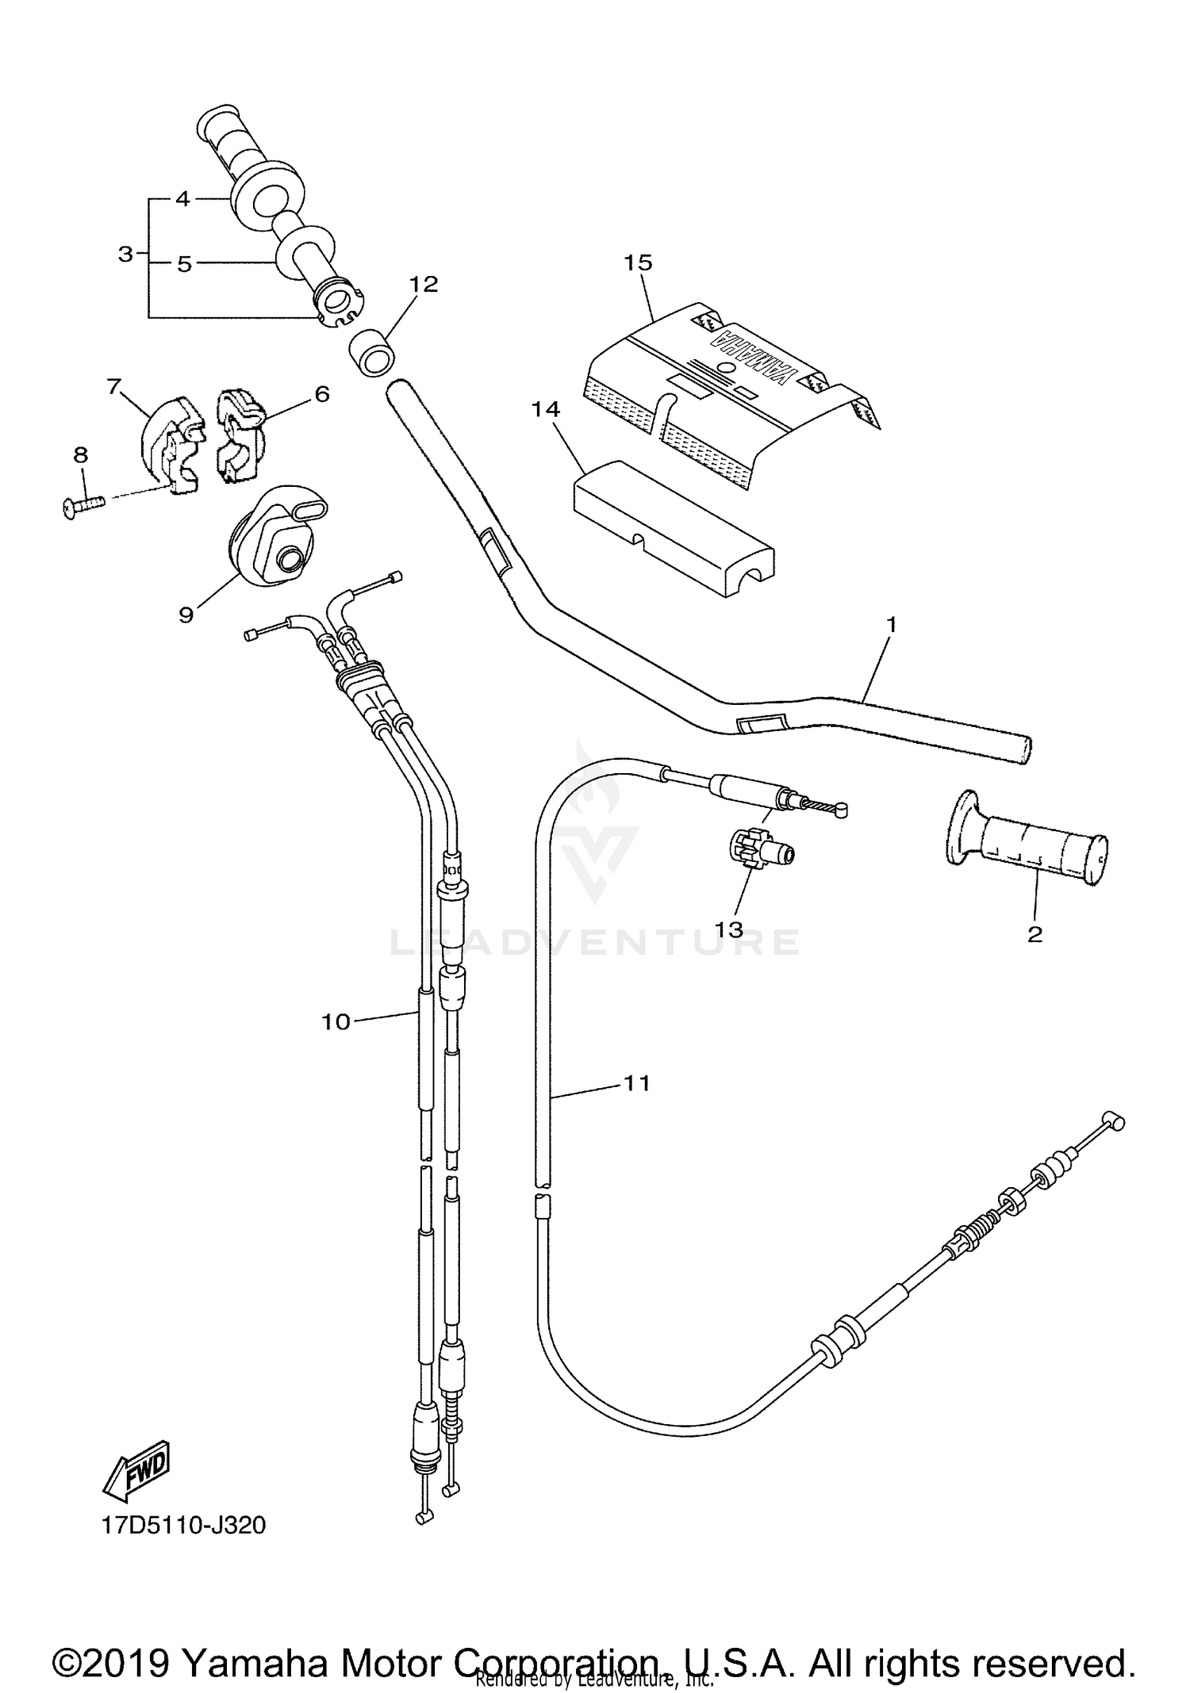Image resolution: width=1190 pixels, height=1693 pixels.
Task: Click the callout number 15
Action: [637, 262]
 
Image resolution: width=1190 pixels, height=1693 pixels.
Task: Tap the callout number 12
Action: [424, 284]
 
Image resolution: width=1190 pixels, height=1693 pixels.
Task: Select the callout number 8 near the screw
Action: [81, 455]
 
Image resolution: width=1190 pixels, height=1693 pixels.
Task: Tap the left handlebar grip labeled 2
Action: [1030, 850]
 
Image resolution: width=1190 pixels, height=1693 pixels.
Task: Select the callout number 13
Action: [730, 929]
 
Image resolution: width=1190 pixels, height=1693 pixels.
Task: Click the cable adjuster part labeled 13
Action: [759, 851]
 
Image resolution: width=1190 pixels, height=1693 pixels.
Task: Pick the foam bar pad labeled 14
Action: [673, 533]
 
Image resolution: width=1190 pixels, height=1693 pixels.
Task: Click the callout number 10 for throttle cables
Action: [336, 1022]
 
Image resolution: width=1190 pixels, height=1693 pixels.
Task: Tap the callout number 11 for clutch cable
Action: [637, 1083]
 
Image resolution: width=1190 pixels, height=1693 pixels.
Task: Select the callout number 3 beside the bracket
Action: [125, 255]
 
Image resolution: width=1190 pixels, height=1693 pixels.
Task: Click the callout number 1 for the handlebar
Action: [891, 625]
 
